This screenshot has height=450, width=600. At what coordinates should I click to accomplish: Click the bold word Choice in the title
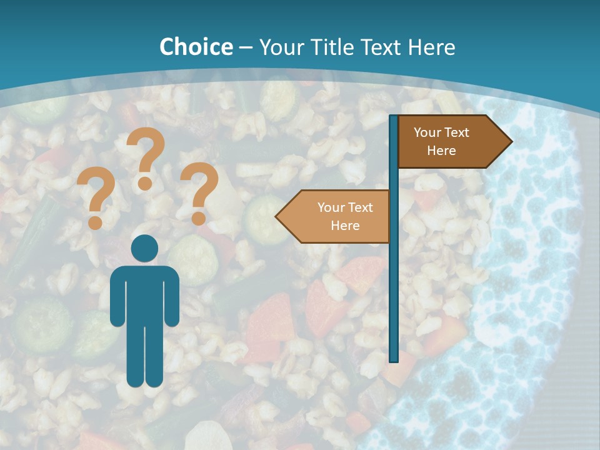click(196, 47)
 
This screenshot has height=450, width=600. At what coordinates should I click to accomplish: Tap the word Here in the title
click(431, 47)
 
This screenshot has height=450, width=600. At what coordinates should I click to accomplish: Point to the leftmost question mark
click(96, 199)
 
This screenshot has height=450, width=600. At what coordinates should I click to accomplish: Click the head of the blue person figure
click(144, 249)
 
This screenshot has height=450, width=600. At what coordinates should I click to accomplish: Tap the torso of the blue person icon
click(144, 294)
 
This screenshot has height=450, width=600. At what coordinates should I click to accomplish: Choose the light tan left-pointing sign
click(337, 216)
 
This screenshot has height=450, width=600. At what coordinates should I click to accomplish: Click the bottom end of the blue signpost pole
click(394, 358)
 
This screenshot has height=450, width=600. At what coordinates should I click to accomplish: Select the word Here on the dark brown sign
click(441, 151)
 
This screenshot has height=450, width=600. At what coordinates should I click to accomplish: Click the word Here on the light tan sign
click(345, 226)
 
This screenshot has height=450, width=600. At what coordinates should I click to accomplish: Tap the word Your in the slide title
click(279, 47)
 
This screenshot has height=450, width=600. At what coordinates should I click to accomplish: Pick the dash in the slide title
click(246, 47)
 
